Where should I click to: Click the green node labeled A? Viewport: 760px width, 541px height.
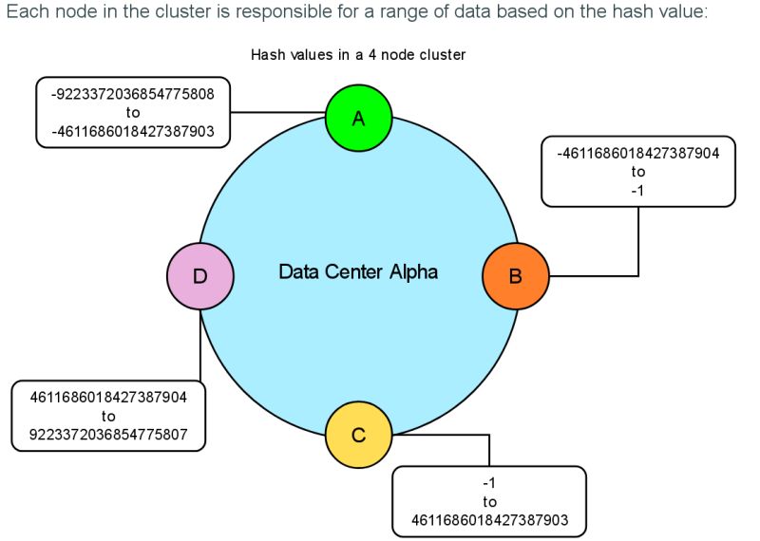click(358, 118)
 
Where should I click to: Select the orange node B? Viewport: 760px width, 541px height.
click(515, 276)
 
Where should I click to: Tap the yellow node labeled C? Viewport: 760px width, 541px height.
click(358, 435)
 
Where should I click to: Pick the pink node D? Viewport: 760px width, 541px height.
click(200, 276)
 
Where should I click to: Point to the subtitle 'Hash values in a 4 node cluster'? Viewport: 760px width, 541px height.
click(358, 55)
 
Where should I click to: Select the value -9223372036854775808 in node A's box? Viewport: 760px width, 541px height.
click(133, 95)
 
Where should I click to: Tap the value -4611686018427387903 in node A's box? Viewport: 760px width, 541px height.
click(133, 131)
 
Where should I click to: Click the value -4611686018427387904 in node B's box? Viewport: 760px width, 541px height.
click(637, 155)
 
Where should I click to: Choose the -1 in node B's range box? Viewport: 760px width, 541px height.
click(637, 190)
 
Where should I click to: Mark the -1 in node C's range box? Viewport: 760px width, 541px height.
click(489, 483)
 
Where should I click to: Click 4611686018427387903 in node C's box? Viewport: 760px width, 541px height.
click(489, 519)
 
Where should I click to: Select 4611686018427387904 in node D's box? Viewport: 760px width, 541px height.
click(108, 398)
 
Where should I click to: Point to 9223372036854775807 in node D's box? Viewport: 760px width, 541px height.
click(108, 434)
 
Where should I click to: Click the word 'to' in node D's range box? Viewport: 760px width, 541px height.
click(108, 416)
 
